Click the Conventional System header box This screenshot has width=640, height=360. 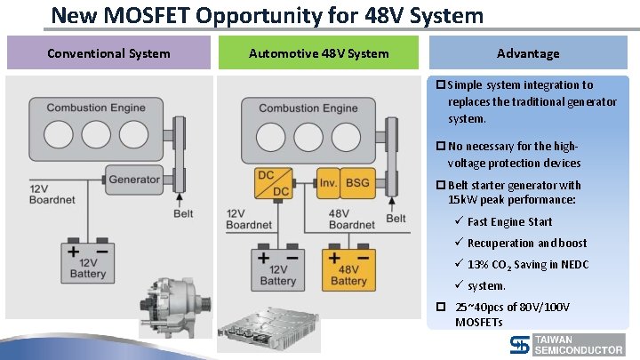[108, 53]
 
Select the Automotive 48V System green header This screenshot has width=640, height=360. [318, 53]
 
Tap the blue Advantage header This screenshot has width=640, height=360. [528, 53]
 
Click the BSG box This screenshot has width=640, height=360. [358, 184]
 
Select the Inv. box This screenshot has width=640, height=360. [327, 184]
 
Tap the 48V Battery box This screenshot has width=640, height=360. [348, 268]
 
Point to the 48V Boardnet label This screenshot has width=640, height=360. [352, 220]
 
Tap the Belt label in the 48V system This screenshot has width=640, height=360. [396, 219]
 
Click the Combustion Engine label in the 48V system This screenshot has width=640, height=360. [308, 108]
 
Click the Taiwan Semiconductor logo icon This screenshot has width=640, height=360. [521, 345]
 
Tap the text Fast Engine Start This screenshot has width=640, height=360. [509, 222]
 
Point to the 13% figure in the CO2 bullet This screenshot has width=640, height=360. [477, 264]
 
